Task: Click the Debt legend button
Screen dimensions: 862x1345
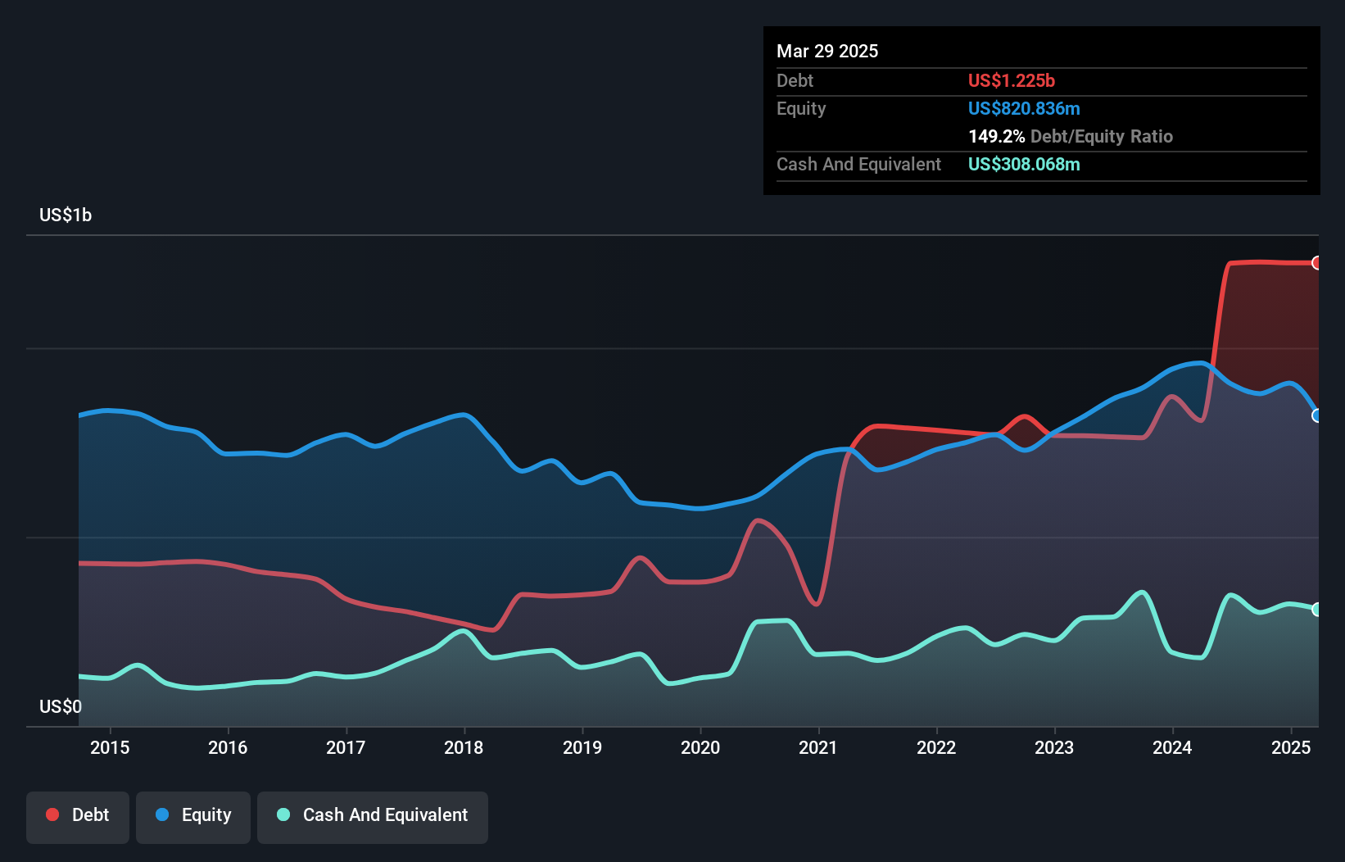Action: pyautogui.click(x=78, y=815)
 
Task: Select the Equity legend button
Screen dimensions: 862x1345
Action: pyautogui.click(x=193, y=815)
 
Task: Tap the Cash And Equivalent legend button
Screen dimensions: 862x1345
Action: pyautogui.click(x=373, y=815)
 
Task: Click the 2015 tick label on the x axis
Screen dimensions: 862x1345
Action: pyautogui.click(x=110, y=747)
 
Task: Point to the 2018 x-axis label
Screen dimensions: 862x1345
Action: pyautogui.click(x=464, y=747)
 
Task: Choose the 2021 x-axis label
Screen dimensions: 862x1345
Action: pyautogui.click(x=818, y=747)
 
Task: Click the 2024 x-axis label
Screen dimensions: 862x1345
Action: pyautogui.click(x=1172, y=747)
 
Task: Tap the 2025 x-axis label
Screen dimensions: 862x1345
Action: pyautogui.click(x=1291, y=747)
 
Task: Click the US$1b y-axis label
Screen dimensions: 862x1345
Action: pyautogui.click(x=66, y=215)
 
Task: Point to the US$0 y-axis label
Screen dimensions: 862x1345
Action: pyautogui.click(x=61, y=706)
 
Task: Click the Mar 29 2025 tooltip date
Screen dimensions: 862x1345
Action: pyautogui.click(x=827, y=52)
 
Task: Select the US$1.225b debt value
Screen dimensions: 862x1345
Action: pyautogui.click(x=1012, y=81)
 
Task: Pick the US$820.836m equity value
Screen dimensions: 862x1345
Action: pyautogui.click(x=1024, y=109)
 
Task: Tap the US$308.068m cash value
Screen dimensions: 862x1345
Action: pyautogui.click(x=1024, y=165)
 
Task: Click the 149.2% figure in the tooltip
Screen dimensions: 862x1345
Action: pyautogui.click(x=996, y=137)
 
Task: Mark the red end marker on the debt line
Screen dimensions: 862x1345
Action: pyautogui.click(x=1316, y=263)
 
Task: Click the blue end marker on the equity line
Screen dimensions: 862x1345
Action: pyautogui.click(x=1316, y=415)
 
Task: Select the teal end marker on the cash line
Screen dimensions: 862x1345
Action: pyautogui.click(x=1316, y=610)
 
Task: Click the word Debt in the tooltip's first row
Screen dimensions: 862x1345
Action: pyautogui.click(x=795, y=81)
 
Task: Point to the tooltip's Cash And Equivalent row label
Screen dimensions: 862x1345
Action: pyautogui.click(x=858, y=165)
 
